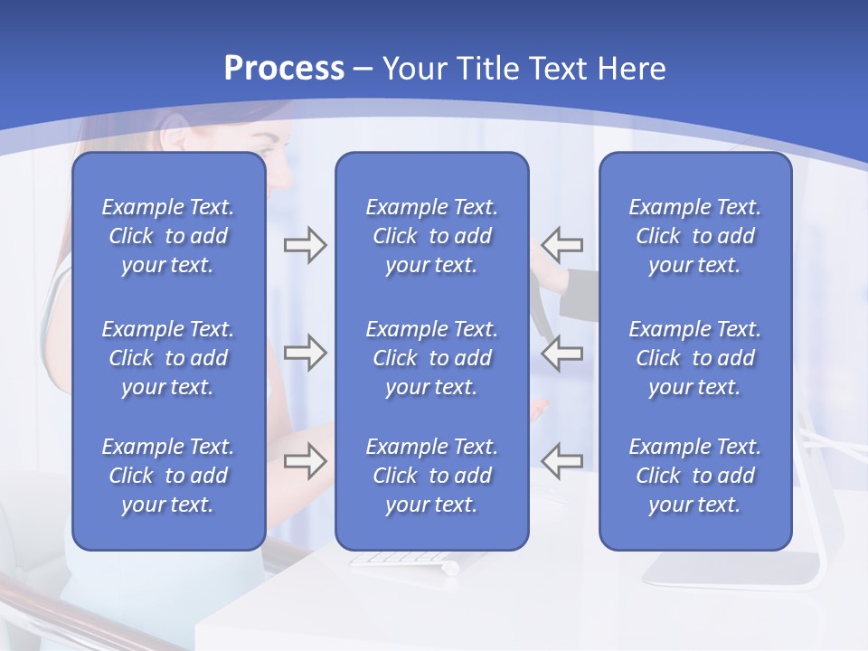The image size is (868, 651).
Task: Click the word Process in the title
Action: pyautogui.click(x=284, y=69)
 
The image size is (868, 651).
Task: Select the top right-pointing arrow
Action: pyautogui.click(x=305, y=245)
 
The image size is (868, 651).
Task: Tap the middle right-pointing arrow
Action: pyautogui.click(x=305, y=353)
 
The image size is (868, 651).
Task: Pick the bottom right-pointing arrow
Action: pyautogui.click(x=305, y=460)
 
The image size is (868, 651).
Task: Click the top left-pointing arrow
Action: pyautogui.click(x=562, y=245)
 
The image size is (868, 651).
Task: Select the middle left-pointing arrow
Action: pyautogui.click(x=562, y=353)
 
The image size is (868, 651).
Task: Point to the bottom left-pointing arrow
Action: pyautogui.click(x=562, y=460)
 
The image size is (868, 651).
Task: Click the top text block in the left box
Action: pyautogui.click(x=168, y=236)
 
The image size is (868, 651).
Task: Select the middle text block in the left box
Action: pyautogui.click(x=168, y=358)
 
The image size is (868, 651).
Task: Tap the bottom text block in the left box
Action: pyautogui.click(x=168, y=476)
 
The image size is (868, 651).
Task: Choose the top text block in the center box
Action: pyautogui.click(x=431, y=236)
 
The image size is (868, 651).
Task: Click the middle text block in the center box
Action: pyautogui.click(x=431, y=358)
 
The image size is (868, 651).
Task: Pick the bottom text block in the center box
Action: pyautogui.click(x=431, y=476)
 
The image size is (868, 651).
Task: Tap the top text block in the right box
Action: pyautogui.click(x=695, y=236)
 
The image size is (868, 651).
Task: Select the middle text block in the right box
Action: pyautogui.click(x=695, y=358)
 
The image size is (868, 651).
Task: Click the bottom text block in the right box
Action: pyautogui.click(x=695, y=476)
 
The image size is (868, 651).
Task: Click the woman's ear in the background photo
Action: pyautogui.click(x=177, y=137)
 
